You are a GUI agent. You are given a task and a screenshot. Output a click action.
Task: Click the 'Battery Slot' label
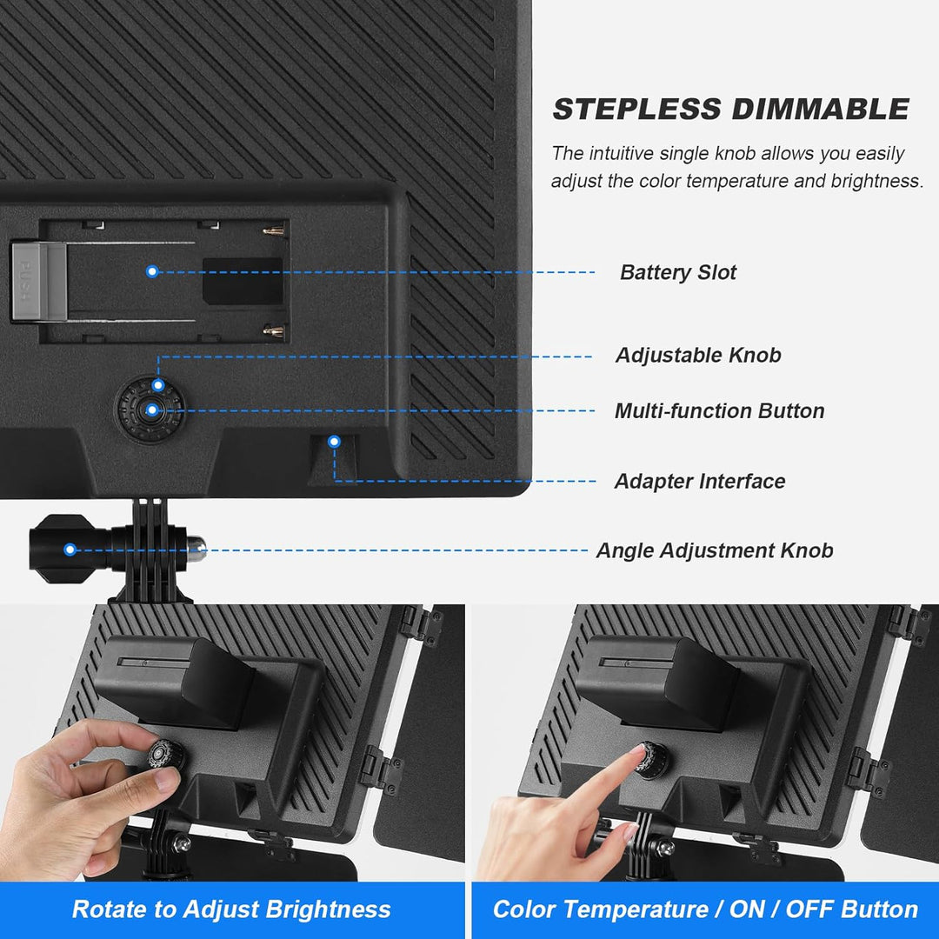point(678,272)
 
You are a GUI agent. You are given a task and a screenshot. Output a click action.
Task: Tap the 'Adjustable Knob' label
point(698,355)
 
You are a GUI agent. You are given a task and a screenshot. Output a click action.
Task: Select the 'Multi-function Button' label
point(719,410)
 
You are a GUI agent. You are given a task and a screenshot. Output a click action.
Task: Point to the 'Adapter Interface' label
point(700,481)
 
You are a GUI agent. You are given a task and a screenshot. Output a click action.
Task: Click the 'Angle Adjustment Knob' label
point(715,550)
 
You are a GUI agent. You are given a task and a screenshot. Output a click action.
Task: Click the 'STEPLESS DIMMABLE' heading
point(731,109)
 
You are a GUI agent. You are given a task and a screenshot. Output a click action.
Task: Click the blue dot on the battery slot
point(152,272)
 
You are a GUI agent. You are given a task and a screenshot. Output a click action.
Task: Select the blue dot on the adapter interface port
point(334,442)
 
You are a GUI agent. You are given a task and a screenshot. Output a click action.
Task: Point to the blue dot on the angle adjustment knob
point(70,549)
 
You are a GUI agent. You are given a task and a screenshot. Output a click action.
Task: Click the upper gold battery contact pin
point(274,230)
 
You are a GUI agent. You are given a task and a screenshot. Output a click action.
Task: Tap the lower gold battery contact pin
point(274,330)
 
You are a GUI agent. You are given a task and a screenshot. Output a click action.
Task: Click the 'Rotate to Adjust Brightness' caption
point(231,909)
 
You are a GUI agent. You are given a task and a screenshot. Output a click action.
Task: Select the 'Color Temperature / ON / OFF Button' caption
point(705,909)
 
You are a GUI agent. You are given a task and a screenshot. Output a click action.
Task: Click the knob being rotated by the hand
point(166,756)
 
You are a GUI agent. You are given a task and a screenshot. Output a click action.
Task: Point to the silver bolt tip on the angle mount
point(197,548)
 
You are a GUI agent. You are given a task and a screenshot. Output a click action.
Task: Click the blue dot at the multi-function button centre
point(152,410)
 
